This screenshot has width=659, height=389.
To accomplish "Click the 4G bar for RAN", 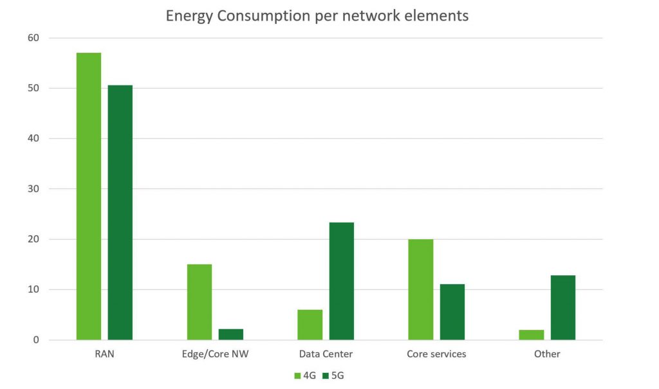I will [89, 196].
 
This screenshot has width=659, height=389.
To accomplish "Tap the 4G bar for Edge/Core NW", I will [200, 302].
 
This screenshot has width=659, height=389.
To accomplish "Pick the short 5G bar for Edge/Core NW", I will [231, 334].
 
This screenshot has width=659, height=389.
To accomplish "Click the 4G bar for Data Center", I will [310, 325].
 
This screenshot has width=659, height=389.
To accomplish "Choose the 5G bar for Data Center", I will [342, 281].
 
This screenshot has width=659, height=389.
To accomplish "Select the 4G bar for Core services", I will [421, 289].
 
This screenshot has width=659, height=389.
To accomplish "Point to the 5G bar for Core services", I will [452, 312].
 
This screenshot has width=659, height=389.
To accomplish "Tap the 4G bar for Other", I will [532, 335].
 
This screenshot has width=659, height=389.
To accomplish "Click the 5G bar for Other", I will [563, 307].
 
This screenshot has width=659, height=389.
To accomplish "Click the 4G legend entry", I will [305, 375].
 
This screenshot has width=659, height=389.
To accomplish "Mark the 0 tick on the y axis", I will [36, 340].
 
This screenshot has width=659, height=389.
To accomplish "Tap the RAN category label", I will [104, 354].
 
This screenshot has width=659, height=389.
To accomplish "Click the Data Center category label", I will [326, 354].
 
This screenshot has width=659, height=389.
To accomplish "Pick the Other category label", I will [547, 354].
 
